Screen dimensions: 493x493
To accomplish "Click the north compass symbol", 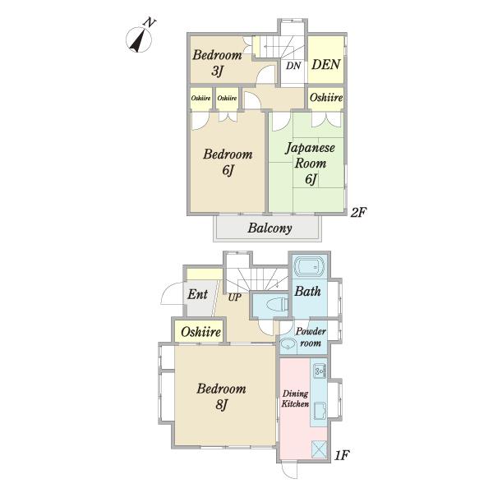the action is point(140,39).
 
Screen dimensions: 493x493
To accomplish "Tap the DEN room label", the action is point(325,64).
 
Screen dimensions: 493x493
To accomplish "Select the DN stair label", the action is point(293,66).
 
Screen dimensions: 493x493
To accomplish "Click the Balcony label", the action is point(270,228).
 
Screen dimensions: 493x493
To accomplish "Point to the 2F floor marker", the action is point(358,213).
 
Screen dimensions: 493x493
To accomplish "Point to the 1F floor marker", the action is point(342,455).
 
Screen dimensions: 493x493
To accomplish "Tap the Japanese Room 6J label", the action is point(310,164).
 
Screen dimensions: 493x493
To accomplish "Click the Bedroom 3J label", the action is point(217,62).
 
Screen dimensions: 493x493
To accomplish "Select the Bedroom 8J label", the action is point(221,397).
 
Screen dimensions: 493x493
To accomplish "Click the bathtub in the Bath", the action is point(311,267).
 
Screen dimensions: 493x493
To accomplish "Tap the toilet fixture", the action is point(278,305).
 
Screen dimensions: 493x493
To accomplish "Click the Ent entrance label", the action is point(197,294).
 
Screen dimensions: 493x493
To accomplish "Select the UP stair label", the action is point(234,297).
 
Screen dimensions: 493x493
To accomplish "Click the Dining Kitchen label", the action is point(295,399).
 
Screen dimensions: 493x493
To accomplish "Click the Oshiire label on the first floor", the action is point(200,332).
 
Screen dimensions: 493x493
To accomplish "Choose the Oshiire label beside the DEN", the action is point(326,98).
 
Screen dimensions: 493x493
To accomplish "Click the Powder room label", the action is point(311,337).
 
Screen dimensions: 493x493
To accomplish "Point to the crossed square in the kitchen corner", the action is point(319,449).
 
